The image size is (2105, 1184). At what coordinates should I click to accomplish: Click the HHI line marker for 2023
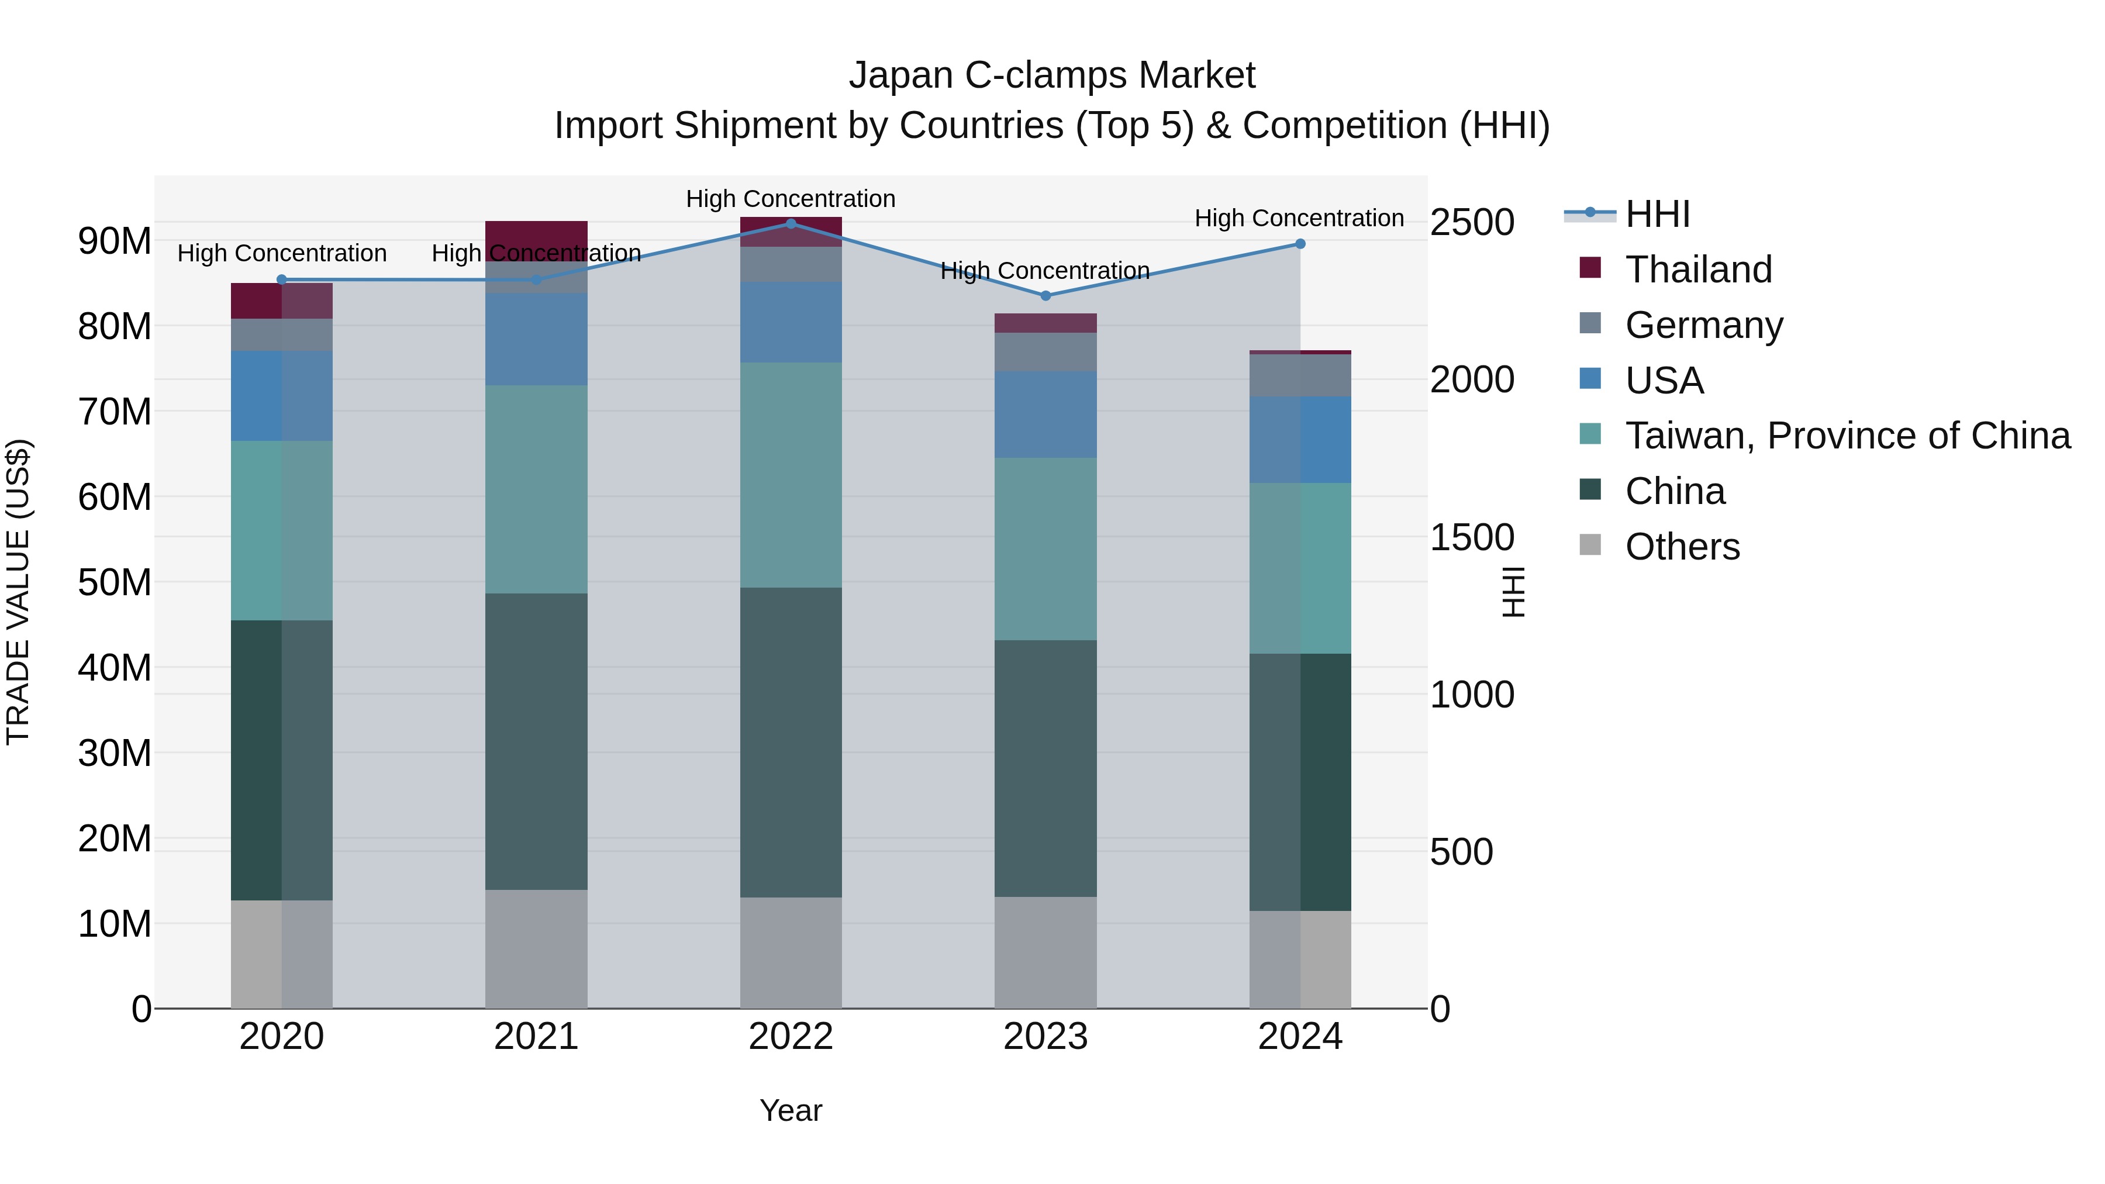click(1045, 296)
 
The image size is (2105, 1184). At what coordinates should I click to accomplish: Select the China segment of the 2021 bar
click(536, 741)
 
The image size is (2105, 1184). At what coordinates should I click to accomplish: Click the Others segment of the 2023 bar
click(1045, 953)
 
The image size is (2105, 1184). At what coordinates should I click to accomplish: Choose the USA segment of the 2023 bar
click(1045, 415)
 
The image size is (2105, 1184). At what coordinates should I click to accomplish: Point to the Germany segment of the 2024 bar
click(1300, 376)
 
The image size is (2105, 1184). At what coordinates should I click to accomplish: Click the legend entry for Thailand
click(1698, 270)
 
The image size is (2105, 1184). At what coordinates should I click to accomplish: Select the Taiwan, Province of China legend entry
click(1847, 436)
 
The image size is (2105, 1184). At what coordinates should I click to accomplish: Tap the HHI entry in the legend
click(1657, 214)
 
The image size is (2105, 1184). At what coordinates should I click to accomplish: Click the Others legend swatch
click(1590, 545)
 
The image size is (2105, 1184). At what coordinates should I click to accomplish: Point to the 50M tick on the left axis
click(115, 582)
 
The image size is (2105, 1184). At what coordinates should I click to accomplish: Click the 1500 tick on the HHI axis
click(1472, 538)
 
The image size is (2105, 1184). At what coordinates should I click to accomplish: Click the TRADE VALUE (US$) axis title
click(19, 592)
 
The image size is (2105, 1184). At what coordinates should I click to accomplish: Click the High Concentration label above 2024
click(1299, 218)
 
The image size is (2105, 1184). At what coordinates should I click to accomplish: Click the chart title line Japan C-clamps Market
click(1052, 75)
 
